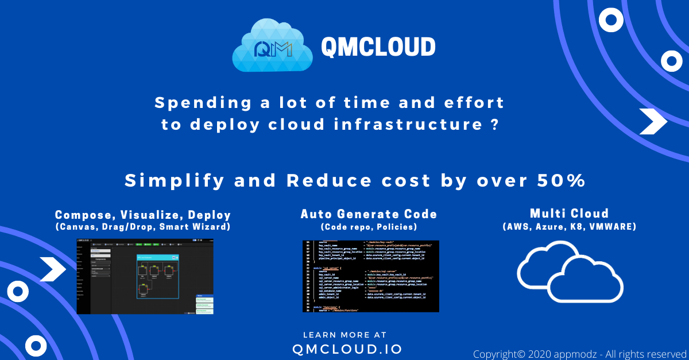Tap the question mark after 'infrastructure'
pyautogui.click(x=494, y=125)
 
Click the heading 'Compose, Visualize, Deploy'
pyautogui.click(x=143, y=215)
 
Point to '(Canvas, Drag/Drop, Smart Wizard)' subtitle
pyautogui.click(x=143, y=227)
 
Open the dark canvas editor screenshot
pyautogui.click(x=145, y=277)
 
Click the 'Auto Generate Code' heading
pyautogui.click(x=369, y=214)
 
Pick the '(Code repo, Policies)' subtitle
pyautogui.click(x=369, y=227)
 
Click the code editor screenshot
pyautogui.click(x=370, y=276)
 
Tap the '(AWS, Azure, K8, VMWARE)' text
pyautogui.click(x=570, y=227)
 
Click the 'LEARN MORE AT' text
pyautogui.click(x=344, y=335)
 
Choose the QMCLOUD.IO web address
pyautogui.click(x=347, y=349)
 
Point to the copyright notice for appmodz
pyautogui.click(x=580, y=354)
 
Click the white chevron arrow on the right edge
pyautogui.click(x=653, y=121)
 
